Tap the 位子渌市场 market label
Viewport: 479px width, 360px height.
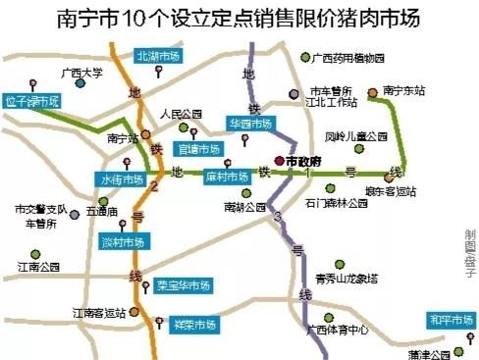[x=33, y=100]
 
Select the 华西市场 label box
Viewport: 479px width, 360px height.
[x=249, y=125]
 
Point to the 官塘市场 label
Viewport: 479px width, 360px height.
[x=199, y=149]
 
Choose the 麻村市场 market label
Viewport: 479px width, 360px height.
[x=225, y=177]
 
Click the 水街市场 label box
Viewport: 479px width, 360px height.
[x=124, y=180]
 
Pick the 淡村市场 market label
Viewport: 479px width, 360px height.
[x=124, y=241]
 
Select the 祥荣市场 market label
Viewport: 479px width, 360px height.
[x=193, y=324]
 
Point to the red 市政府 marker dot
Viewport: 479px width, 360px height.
[x=279, y=160]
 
